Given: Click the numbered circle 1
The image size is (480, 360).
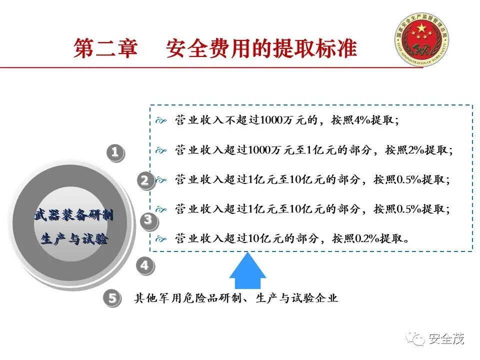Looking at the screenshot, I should pos(115,152).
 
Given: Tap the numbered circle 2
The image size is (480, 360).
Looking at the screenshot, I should pos(145,180).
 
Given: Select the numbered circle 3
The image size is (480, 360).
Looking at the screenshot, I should pos(148,219).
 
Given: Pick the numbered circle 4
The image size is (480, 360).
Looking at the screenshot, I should pos(144,265).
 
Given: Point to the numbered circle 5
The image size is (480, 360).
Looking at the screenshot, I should pos(112,298).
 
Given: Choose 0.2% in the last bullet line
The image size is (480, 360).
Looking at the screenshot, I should pos(367,238).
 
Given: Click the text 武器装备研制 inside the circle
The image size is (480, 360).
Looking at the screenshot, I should pos(73,216).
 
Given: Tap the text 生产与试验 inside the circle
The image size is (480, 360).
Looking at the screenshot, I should pos(73,239).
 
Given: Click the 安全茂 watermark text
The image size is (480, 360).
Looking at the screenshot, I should pos(446,338).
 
